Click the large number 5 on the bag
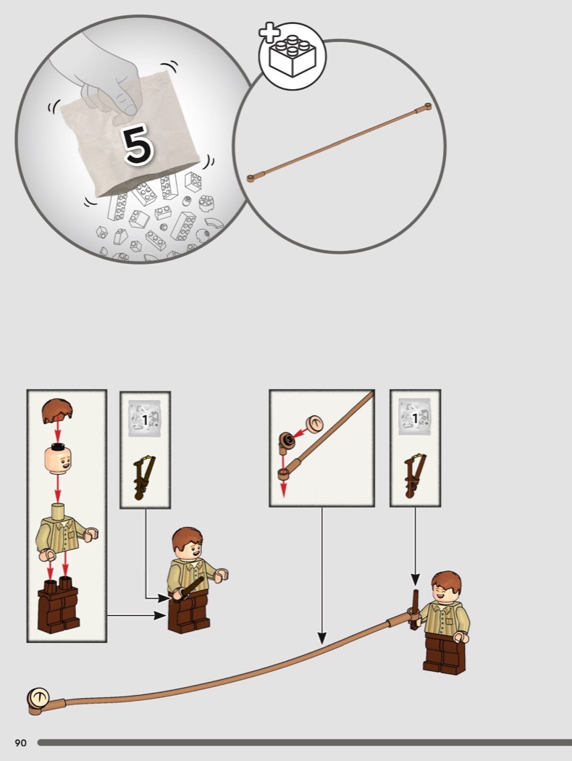[x=138, y=144]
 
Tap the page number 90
[x=20, y=743]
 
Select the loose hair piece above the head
[x=57, y=411]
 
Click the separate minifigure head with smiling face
[x=58, y=458]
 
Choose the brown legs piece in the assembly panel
[x=59, y=604]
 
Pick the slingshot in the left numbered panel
[x=145, y=478]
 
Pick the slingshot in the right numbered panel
[x=414, y=475]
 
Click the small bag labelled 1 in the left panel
[x=145, y=418]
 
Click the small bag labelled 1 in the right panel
[x=414, y=417]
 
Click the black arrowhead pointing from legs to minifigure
[x=161, y=615]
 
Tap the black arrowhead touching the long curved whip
[x=322, y=638]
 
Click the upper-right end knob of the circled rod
[x=427, y=107]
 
